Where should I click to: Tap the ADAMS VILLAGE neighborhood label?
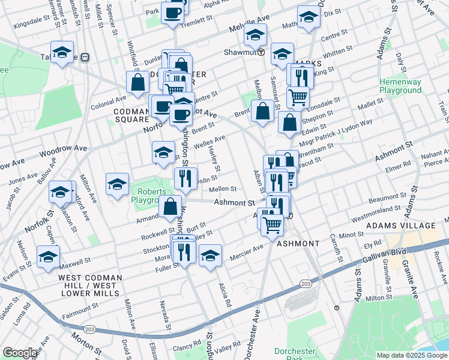(402, 226)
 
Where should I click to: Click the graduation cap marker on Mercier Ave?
(211, 254)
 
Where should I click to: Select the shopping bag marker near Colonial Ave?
(138, 83)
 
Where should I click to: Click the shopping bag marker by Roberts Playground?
(170, 206)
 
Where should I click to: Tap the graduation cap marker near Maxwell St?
(48, 256)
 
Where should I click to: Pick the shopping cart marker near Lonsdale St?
(298, 96)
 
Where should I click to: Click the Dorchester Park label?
(295, 353)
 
